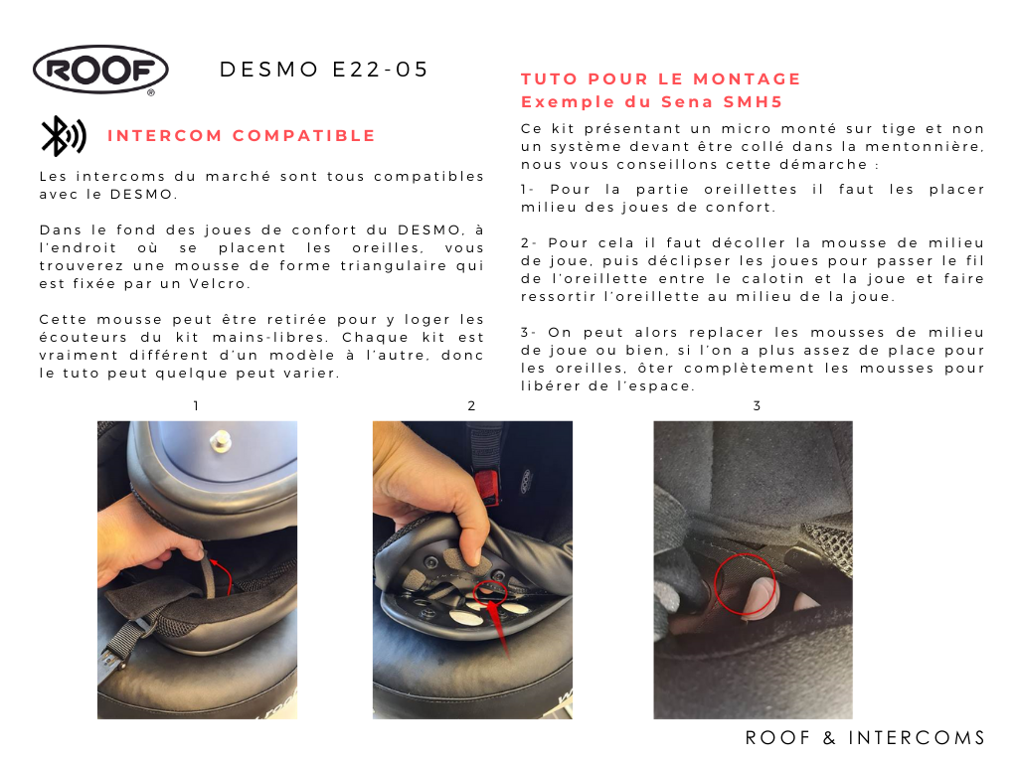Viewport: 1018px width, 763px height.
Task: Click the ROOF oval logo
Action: [x=100, y=70]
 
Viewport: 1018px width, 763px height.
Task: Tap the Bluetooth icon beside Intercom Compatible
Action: [x=63, y=135]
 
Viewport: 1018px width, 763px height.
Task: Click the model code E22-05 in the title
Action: [x=381, y=70]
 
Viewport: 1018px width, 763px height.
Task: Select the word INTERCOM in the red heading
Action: [x=165, y=135]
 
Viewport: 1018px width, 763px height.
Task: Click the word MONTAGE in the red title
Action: [x=747, y=79]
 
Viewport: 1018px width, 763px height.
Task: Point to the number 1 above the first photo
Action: [x=196, y=406]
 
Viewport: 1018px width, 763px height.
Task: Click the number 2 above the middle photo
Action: [x=471, y=406]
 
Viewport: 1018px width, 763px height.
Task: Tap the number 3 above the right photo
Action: [x=757, y=406]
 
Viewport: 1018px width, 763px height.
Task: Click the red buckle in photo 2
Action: [x=487, y=487]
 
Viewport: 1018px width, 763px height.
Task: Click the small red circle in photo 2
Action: [x=490, y=592]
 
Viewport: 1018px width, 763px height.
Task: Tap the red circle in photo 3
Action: [x=745, y=584]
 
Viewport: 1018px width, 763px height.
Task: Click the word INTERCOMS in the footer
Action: [x=917, y=738]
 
